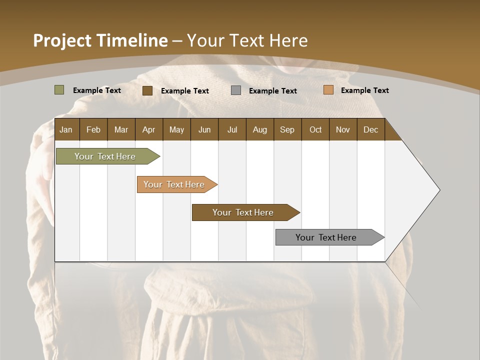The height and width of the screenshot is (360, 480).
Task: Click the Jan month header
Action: click(66, 129)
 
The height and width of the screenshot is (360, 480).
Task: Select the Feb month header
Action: click(93, 129)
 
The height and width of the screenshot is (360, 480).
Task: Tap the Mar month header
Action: click(121, 129)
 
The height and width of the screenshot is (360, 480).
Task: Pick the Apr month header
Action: click(149, 129)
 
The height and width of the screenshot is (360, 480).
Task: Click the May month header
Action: click(176, 129)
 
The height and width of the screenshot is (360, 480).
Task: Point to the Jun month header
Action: click(204, 129)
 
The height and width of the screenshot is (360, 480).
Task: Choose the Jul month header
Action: click(232, 129)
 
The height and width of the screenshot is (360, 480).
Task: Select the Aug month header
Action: click(260, 129)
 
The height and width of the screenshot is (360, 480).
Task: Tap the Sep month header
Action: click(287, 129)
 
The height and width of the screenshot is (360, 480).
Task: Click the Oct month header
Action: click(315, 129)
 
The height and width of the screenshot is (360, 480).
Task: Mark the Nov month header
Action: click(343, 129)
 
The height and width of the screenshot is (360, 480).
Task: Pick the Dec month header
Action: click(371, 129)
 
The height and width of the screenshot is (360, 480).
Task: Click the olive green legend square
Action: click(59, 90)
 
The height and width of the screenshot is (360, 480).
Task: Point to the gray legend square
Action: click(236, 90)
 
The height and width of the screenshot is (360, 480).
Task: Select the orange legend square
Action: click(328, 90)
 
